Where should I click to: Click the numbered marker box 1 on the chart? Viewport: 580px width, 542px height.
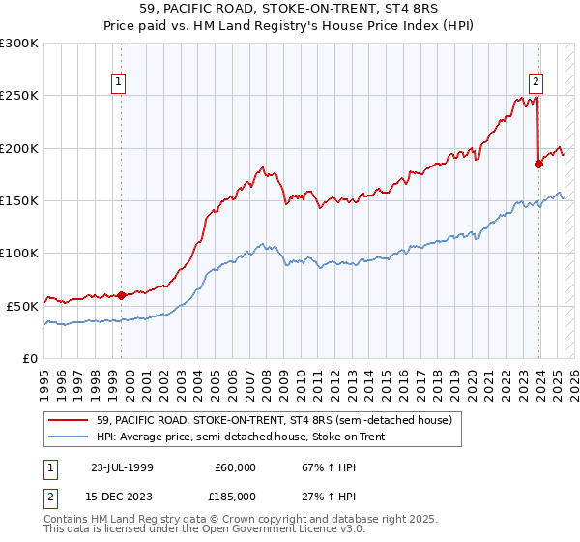[x=119, y=83]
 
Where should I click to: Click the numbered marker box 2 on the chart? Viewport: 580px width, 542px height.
[x=536, y=83]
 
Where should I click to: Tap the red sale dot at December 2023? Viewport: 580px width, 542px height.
[x=538, y=164]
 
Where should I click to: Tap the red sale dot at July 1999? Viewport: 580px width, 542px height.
[x=121, y=295]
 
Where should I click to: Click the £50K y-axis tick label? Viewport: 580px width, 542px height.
[x=23, y=305]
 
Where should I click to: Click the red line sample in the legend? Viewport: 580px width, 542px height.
[x=71, y=419]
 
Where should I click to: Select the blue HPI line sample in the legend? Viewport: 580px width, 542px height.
[x=71, y=435]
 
